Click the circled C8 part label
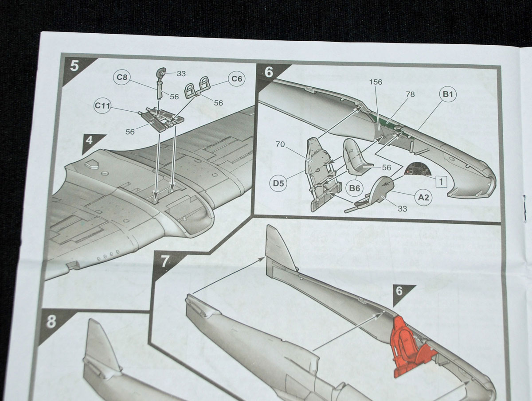tap(122, 77)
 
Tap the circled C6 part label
tap(237, 79)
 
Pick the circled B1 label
tap(448, 94)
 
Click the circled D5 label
tap(278, 183)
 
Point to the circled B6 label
tap(354, 188)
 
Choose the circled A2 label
tap(423, 197)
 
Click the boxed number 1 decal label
tap(441, 182)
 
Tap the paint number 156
tap(376, 82)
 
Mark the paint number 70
tap(280, 144)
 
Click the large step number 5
tap(74, 66)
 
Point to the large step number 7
tap(165, 261)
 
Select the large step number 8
tap(51, 322)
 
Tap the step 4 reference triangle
tap(91, 143)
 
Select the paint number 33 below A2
tap(402, 209)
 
